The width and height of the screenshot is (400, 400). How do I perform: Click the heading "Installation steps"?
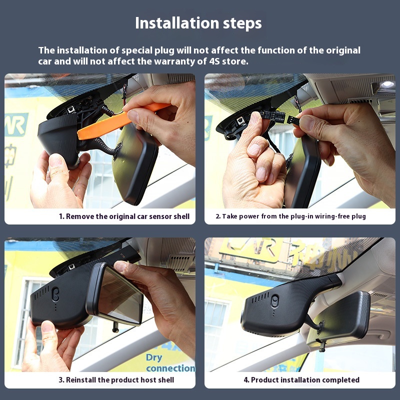click(198, 23)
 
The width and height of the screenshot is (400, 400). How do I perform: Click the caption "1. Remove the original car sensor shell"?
click(124, 216)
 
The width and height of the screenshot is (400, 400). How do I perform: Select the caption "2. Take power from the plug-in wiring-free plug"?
click(290, 216)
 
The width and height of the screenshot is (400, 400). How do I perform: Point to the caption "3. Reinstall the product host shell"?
click(116, 380)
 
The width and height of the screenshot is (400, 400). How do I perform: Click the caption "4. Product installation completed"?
click(301, 380)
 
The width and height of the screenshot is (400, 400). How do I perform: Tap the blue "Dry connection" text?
click(170, 363)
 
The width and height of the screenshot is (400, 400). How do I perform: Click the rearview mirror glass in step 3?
click(120, 296)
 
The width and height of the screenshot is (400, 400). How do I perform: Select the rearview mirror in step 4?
click(339, 319)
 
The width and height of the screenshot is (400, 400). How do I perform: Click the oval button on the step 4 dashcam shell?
click(274, 301)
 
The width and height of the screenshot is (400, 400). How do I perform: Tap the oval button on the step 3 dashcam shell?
click(55, 294)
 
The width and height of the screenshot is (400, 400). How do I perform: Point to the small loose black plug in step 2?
click(293, 120)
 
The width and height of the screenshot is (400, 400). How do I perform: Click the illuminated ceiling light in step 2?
click(387, 84)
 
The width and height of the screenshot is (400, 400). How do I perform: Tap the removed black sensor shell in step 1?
click(59, 140)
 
